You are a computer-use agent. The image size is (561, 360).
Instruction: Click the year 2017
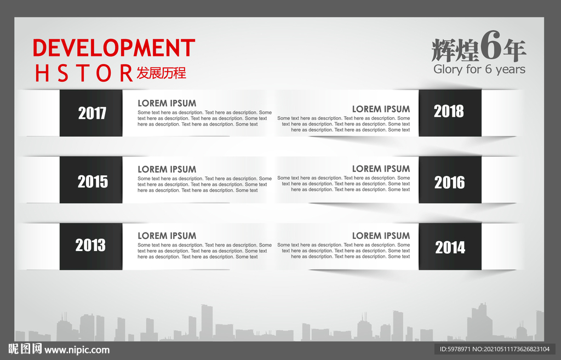pyautogui.click(x=92, y=113)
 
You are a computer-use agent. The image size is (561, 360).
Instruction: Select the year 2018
pyautogui.click(x=449, y=111)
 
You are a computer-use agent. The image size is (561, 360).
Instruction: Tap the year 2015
pyautogui.click(x=93, y=181)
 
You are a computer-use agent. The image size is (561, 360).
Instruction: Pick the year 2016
pyautogui.click(x=449, y=182)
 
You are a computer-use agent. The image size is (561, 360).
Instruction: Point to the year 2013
pyautogui.click(x=90, y=245)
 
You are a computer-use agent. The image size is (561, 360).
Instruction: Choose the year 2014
pyautogui.click(x=450, y=248)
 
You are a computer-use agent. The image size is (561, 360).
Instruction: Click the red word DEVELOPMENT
pyautogui.click(x=114, y=48)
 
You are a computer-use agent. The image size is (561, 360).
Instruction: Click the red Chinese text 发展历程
pyautogui.click(x=161, y=73)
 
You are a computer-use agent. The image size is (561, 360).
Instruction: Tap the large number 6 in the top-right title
pyautogui.click(x=491, y=49)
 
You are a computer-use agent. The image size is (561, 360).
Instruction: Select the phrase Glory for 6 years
pyautogui.click(x=479, y=70)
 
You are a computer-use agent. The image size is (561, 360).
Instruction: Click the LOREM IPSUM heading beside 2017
pyautogui.click(x=167, y=103)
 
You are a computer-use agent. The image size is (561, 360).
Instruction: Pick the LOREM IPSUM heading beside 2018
pyautogui.click(x=381, y=109)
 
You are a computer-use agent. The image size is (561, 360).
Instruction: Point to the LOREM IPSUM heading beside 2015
pyautogui.click(x=167, y=169)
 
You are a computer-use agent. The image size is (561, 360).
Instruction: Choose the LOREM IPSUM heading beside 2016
pyautogui.click(x=381, y=169)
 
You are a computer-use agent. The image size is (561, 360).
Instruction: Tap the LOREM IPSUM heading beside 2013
pyautogui.click(x=167, y=236)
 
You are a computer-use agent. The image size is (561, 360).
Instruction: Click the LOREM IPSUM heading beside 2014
pyautogui.click(x=381, y=236)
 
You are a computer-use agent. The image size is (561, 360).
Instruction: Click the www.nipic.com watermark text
pyautogui.click(x=77, y=350)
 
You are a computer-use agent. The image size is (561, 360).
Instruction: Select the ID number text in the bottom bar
pyautogui.click(x=494, y=350)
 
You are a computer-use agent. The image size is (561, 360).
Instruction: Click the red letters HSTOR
pyautogui.click(x=84, y=73)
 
